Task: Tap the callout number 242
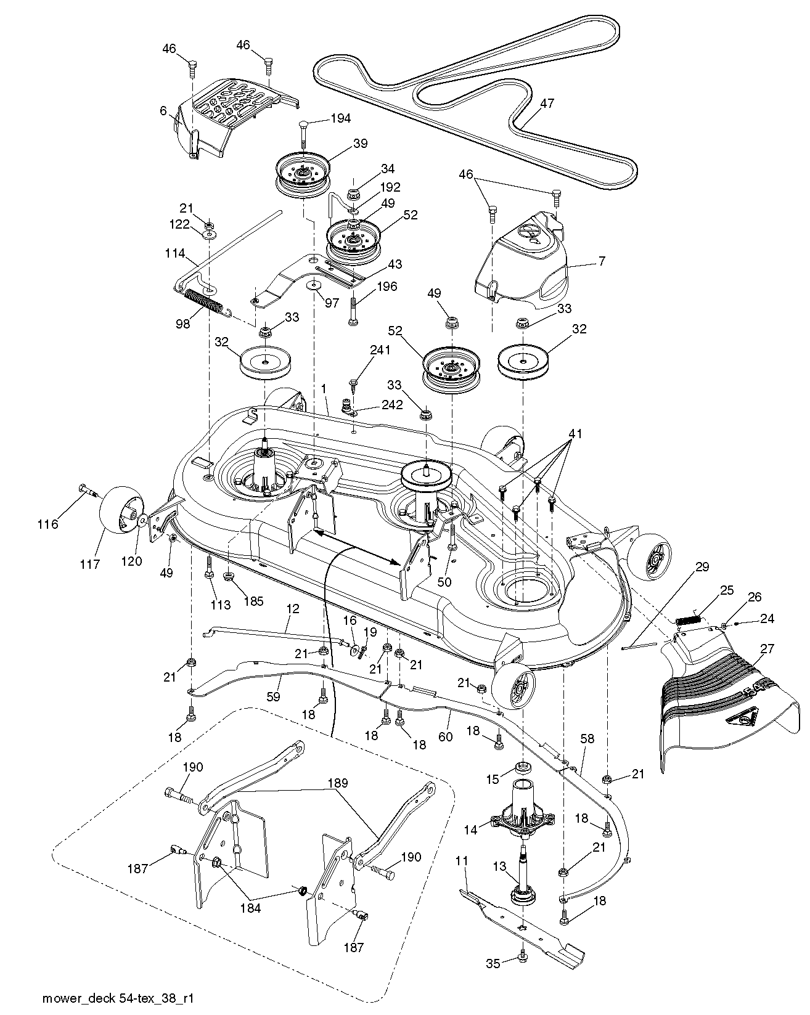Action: [x=393, y=405]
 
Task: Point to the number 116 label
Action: [x=48, y=524]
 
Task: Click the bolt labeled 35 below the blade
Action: [x=523, y=972]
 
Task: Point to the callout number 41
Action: [x=575, y=434]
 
